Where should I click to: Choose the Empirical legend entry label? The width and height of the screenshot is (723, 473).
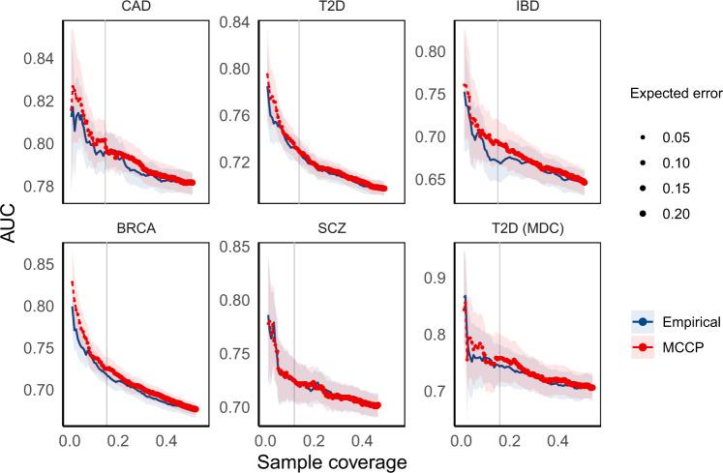[674, 321]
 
